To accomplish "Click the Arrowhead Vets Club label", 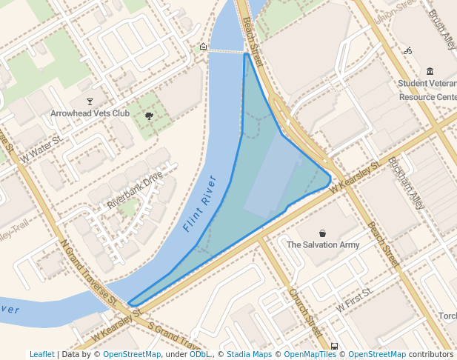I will pyautogui.click(x=90, y=113).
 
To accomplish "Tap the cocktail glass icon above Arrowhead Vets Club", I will pyautogui.click(x=90, y=101).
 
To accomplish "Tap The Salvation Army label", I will pyautogui.click(x=323, y=244).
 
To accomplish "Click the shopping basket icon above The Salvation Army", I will pyautogui.click(x=322, y=233).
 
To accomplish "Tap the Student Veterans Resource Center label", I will pyautogui.click(x=428, y=90).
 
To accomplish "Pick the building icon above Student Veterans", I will pyautogui.click(x=430, y=71).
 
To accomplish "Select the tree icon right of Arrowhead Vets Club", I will pyautogui.click(x=150, y=116).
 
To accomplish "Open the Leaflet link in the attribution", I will pyautogui.click(x=41, y=354).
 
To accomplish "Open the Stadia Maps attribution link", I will pyautogui.click(x=249, y=354).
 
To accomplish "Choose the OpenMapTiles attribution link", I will pyautogui.click(x=310, y=354).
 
